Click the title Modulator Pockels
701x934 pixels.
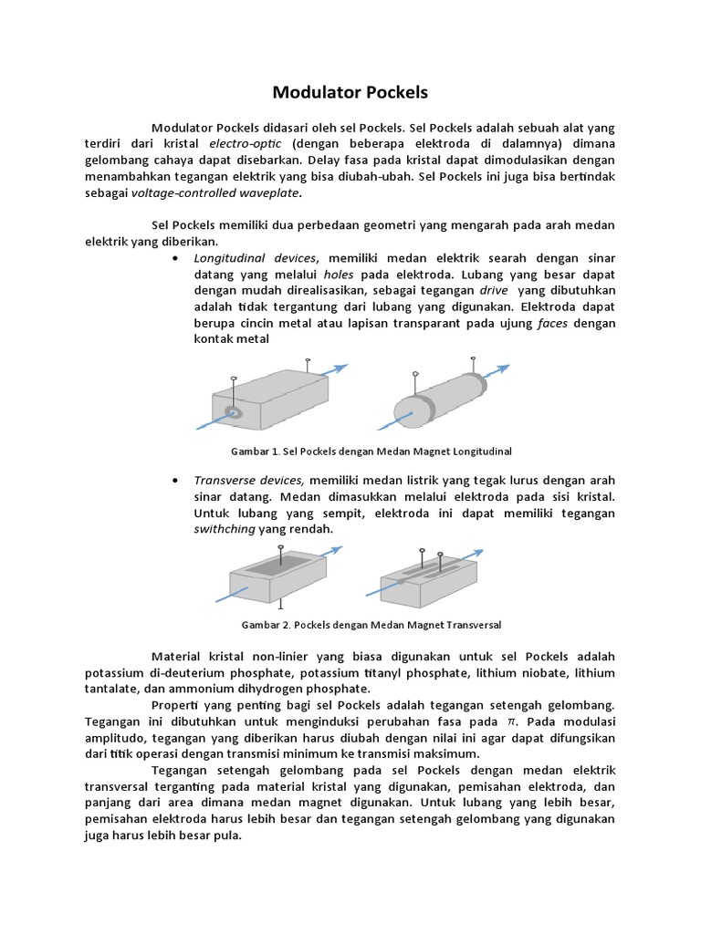[350, 92]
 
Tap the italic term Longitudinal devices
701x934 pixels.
[255, 258]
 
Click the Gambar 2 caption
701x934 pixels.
[371, 625]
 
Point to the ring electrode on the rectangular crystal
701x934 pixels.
[235, 413]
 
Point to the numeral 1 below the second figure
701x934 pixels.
[279, 604]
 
